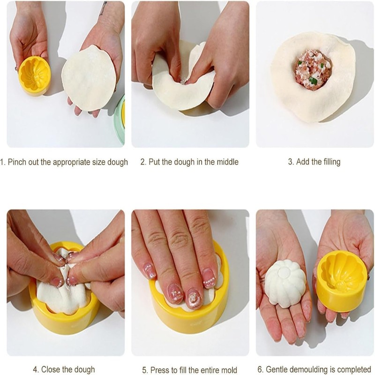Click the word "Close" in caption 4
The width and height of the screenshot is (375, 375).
pos(51,369)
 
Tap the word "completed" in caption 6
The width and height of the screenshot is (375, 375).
pos(356,369)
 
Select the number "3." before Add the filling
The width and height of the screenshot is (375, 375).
pos(291,162)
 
